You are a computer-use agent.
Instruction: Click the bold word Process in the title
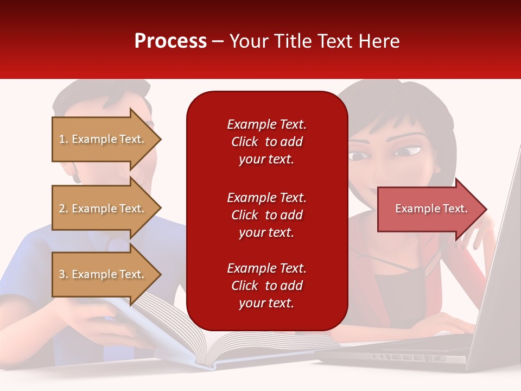click(170, 41)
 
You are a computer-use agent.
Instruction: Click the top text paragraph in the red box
click(266, 142)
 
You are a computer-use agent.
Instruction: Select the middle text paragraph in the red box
click(266, 215)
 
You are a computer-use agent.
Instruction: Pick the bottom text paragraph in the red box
click(266, 286)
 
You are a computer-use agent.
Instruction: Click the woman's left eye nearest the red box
click(358, 156)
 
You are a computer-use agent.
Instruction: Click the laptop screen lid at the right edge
click(499, 261)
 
